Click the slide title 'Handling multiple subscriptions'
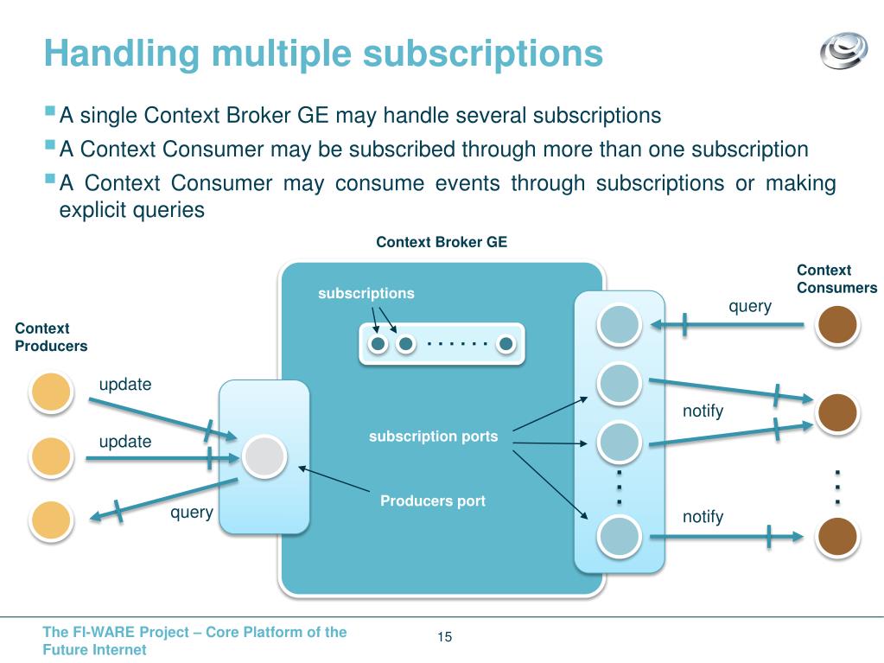click(x=323, y=54)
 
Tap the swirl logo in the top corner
click(x=843, y=49)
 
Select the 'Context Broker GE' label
click(x=442, y=243)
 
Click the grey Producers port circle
click(x=264, y=456)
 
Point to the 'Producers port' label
click(x=433, y=501)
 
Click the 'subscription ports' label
click(x=433, y=437)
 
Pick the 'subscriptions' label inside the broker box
click(x=366, y=294)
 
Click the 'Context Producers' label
click(x=51, y=337)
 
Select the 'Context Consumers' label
click(x=836, y=279)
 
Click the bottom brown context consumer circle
click(x=836, y=537)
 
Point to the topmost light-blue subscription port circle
click(x=620, y=323)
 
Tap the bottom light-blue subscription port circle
click(x=620, y=537)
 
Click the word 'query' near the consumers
click(x=750, y=306)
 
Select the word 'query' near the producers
click(x=191, y=513)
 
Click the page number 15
click(x=445, y=638)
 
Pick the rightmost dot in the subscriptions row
click(x=506, y=344)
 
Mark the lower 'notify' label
click(x=703, y=517)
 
